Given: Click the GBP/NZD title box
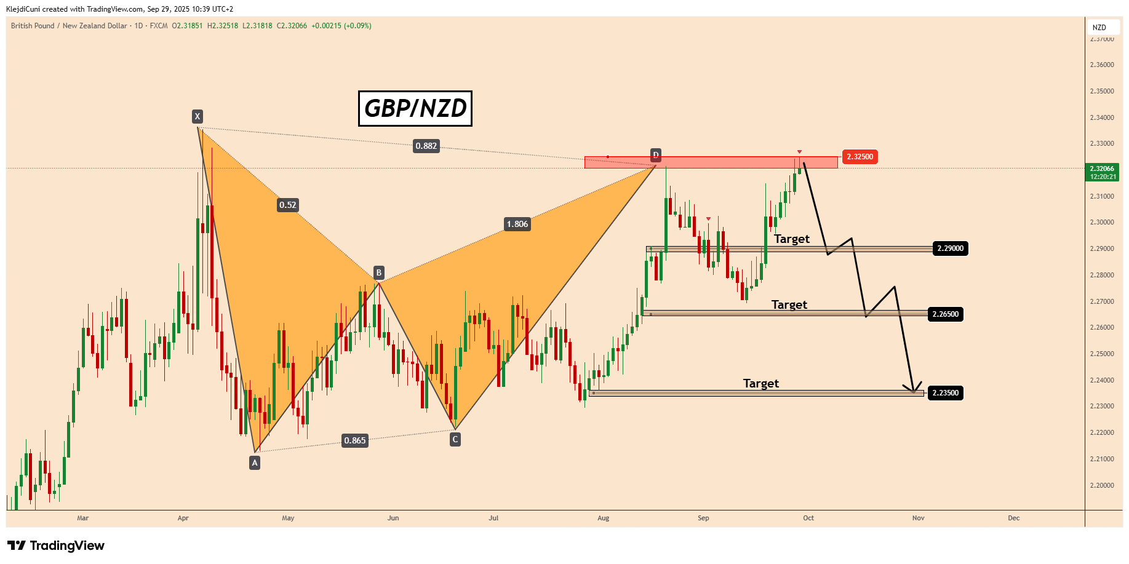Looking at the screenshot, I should point(415,108).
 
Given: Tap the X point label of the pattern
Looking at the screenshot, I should point(197,116).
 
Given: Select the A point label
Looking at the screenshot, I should point(255,463).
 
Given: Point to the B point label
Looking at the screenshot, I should point(379,272).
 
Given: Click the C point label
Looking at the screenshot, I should point(455,439).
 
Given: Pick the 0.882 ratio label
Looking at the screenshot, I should point(426,146).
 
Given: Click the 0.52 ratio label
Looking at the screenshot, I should point(287,205).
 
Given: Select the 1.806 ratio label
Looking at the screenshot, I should point(517,224).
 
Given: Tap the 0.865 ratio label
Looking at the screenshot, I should point(355,440).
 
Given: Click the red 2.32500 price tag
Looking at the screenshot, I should point(860,157).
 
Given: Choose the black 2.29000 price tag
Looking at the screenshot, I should point(950,248).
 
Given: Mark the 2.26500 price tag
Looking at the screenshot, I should point(945,314).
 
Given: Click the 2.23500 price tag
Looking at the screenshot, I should point(945,393).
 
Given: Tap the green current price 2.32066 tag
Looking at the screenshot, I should point(1103,172).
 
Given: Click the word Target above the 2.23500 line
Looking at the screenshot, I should point(760,383).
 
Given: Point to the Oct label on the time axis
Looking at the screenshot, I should point(808,518).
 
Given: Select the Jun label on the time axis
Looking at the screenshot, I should point(393,518).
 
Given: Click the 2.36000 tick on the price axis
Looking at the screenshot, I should point(1102,65).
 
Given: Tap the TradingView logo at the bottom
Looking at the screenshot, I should point(56,546).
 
